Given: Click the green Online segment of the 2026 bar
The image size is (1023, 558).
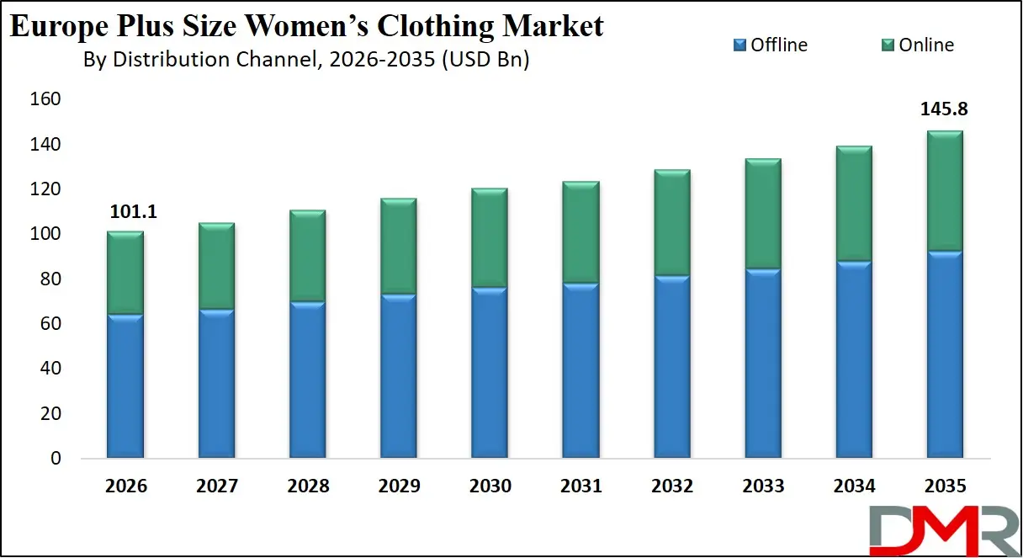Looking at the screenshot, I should [125, 273].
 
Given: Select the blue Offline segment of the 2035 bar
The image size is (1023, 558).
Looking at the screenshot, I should [945, 354].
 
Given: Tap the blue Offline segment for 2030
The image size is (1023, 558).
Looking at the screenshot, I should [490, 373].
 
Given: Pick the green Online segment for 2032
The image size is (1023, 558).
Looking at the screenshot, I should [672, 223].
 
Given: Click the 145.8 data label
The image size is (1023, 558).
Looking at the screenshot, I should [945, 109].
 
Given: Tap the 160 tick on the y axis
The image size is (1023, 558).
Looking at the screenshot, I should [46, 100].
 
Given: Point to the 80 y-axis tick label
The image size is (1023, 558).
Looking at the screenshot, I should [50, 279].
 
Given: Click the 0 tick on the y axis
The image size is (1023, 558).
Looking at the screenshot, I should [56, 459].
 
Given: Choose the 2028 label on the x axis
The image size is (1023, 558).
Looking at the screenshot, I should [308, 486].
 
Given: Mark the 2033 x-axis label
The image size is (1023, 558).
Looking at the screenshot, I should [763, 486].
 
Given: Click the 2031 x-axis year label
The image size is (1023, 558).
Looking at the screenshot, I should [580, 486].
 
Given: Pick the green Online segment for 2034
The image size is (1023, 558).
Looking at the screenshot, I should [854, 204].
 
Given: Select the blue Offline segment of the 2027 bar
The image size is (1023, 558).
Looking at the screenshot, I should [216, 384].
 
